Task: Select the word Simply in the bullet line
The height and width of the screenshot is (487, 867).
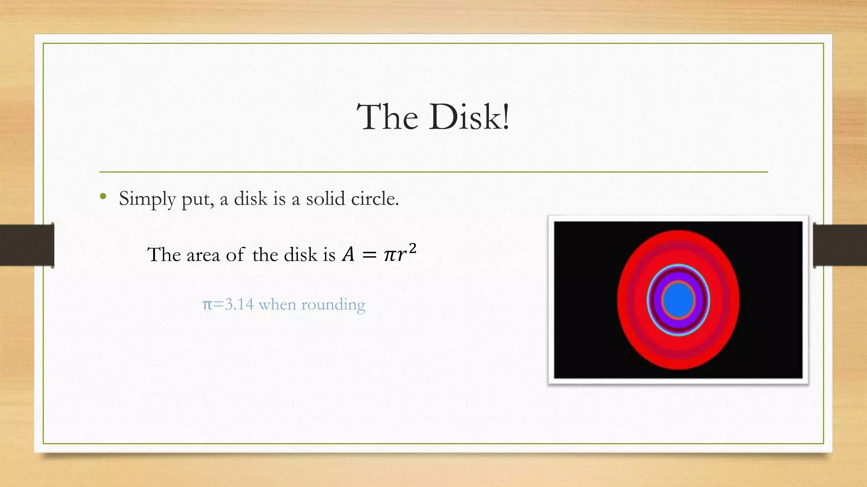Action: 147,199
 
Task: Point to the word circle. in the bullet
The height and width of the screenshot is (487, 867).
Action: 375,199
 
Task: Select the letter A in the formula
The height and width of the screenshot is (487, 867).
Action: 348,255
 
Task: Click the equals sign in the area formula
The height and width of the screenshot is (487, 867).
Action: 368,255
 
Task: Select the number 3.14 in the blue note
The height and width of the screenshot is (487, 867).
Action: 239,304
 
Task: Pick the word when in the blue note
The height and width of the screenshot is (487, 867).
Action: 277,304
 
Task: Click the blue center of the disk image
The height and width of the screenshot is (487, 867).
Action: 678,301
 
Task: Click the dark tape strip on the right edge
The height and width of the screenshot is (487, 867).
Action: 840,246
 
